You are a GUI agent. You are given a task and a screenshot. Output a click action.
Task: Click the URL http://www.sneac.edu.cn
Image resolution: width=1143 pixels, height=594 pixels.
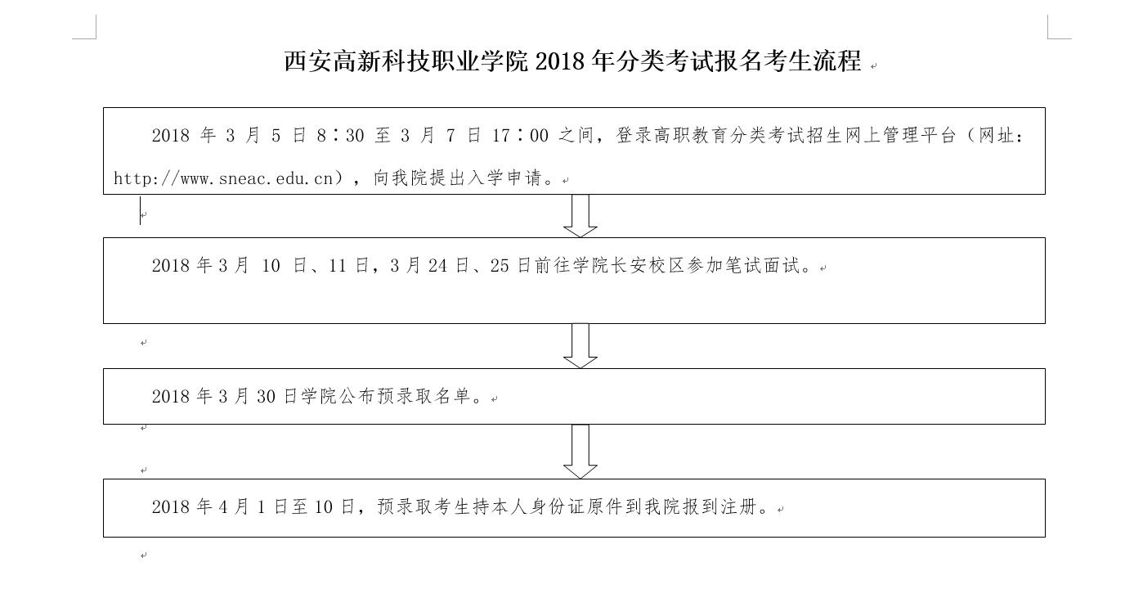tap(223, 178)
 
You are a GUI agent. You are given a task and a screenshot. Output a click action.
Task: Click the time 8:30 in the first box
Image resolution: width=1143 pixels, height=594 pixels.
tap(340, 135)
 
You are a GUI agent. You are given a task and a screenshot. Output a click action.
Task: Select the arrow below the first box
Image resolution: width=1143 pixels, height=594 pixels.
tap(580, 215)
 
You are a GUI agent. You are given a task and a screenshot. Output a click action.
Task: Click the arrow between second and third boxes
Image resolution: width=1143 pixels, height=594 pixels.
tap(580, 346)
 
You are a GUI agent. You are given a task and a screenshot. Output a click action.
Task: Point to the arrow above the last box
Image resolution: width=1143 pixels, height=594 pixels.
tap(580, 452)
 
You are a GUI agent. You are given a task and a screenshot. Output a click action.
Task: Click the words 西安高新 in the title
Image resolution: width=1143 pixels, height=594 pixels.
tap(333, 61)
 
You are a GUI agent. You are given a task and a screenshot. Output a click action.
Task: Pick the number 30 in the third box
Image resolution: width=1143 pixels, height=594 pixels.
tap(267, 397)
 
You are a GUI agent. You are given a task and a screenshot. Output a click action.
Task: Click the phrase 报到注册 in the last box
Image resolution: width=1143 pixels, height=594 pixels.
tap(720, 506)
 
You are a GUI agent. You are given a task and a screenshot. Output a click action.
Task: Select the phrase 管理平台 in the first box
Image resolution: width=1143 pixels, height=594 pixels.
tap(918, 135)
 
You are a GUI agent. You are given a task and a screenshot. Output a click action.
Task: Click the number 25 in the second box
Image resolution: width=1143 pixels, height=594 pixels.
tap(500, 266)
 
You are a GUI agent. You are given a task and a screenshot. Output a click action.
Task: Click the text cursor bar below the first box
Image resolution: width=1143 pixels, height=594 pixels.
tap(141, 211)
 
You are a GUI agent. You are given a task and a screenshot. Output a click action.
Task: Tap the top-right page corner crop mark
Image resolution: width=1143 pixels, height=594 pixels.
tap(1048, 38)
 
